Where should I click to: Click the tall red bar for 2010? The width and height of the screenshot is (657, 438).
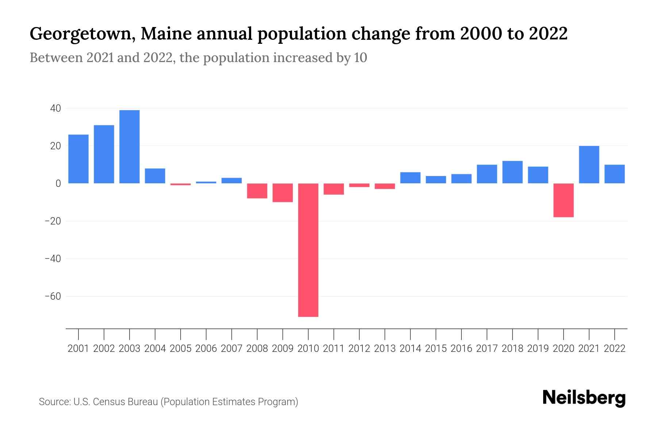[308, 250]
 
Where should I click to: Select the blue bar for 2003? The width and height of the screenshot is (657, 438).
[130, 147]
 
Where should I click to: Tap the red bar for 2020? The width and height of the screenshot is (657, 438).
[564, 200]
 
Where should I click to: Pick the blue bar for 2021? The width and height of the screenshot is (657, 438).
[589, 165]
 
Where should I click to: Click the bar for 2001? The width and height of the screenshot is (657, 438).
[78, 159]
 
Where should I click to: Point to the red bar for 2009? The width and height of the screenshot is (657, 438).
[283, 193]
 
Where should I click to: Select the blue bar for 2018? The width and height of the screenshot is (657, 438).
[512, 172]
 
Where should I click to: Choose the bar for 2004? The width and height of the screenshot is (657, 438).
[155, 176]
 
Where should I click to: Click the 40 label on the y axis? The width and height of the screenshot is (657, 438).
[56, 108]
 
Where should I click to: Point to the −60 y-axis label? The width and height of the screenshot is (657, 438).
[53, 296]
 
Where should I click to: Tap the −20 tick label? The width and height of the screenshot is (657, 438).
[53, 221]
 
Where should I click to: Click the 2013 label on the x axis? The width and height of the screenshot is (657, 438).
[385, 349]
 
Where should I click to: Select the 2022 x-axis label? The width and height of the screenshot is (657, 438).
[615, 349]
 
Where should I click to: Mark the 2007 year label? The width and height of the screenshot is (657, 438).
[232, 349]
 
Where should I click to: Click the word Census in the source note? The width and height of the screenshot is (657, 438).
[109, 402]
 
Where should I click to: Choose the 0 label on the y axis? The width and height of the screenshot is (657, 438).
[58, 184]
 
